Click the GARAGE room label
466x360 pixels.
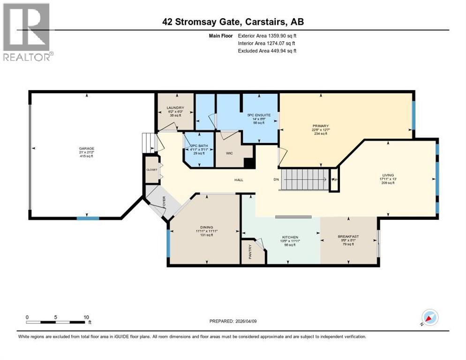86,149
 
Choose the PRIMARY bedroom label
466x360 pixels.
321,126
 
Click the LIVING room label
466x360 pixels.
387,175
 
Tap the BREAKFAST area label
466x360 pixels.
348,236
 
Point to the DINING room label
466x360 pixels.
206,227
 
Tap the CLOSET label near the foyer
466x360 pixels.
151,169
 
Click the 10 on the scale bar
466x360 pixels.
86,317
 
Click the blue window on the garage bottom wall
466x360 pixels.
88,218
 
